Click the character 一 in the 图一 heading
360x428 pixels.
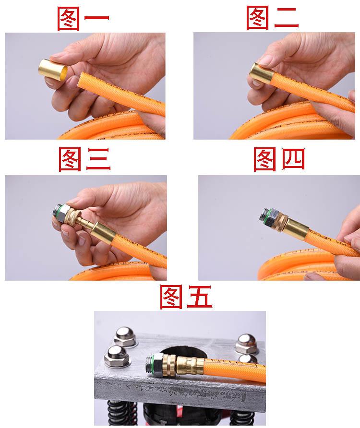(96, 18)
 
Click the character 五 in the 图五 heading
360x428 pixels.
(198, 297)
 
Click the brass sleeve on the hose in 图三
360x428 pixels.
(103, 233)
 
